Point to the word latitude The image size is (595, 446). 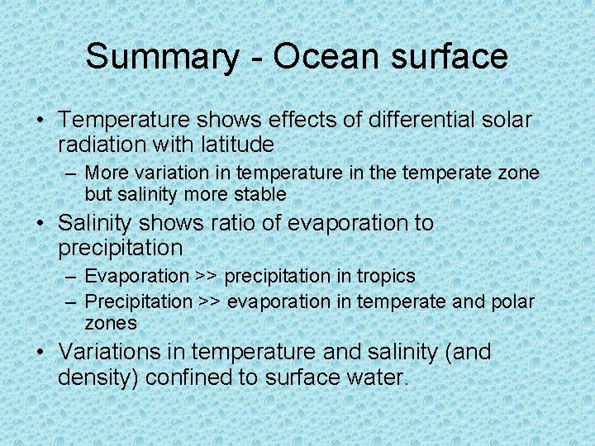tap(237, 145)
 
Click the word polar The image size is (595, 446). tap(512, 301)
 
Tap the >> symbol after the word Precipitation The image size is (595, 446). tap(211, 301)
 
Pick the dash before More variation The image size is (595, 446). tap(71, 173)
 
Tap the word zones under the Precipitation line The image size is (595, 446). tap(111, 323)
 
